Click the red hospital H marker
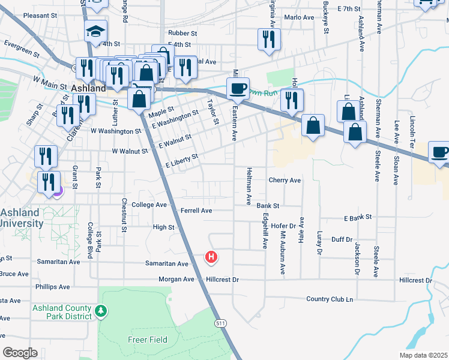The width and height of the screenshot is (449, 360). click(x=211, y=257)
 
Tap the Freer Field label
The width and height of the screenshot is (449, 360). click(x=147, y=340)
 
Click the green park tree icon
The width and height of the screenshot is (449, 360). click(x=101, y=311)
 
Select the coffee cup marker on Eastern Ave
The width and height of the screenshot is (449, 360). click(x=237, y=89)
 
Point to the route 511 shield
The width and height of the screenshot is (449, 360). click(x=221, y=323)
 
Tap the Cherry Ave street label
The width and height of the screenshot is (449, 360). click(x=285, y=180)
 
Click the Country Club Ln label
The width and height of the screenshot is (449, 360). click(x=330, y=299)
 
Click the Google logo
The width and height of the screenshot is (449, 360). click(x=20, y=352)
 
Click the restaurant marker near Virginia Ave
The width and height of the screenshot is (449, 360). click(x=268, y=40)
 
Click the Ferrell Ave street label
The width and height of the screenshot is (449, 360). click(x=196, y=211)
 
